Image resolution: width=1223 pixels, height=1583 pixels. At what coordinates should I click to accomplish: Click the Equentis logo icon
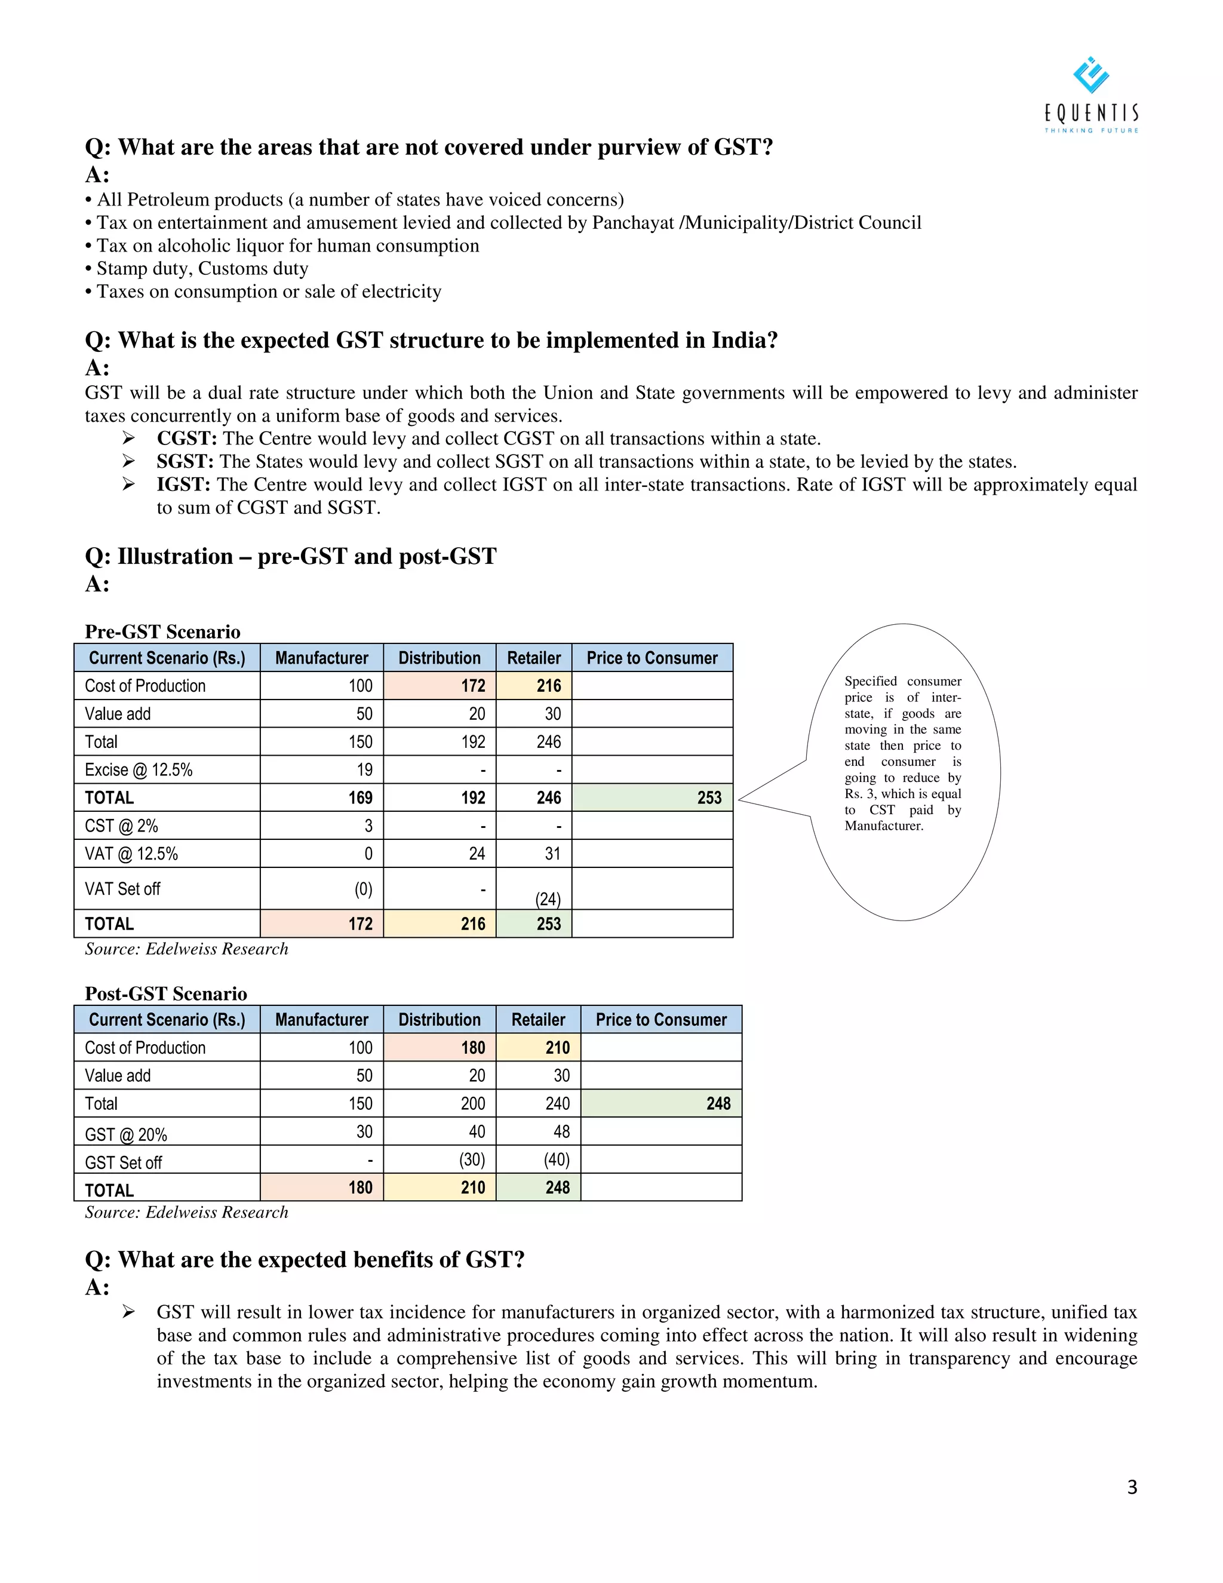(x=1090, y=75)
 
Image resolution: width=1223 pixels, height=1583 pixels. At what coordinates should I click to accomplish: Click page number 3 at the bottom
(x=1132, y=1487)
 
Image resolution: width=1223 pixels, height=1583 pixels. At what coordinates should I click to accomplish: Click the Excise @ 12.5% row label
(x=139, y=770)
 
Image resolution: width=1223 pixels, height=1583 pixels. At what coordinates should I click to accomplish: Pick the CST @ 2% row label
(x=121, y=826)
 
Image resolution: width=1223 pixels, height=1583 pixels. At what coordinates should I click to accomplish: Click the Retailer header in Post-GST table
(x=537, y=1019)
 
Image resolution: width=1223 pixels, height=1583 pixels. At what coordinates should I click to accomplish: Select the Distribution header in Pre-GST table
(x=439, y=658)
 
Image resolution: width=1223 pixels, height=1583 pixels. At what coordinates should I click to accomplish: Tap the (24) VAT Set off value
(x=548, y=899)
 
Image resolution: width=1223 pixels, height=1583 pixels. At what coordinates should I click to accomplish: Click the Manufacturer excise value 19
(x=364, y=770)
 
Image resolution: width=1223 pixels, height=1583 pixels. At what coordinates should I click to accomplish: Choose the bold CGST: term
(x=186, y=438)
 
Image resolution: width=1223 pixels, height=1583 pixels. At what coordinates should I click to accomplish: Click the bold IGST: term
(x=183, y=484)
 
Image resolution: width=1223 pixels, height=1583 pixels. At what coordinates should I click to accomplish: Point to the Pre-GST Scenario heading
(x=162, y=631)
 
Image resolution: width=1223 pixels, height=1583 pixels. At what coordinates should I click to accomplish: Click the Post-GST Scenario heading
(x=165, y=993)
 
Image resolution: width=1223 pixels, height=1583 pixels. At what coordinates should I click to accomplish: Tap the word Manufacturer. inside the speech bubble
(x=883, y=826)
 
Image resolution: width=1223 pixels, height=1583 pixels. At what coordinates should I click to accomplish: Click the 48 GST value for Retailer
(x=561, y=1131)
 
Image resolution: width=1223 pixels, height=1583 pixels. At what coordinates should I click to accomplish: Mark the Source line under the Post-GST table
(x=186, y=1212)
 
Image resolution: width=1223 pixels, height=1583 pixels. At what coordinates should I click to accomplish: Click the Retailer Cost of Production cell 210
(x=557, y=1047)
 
